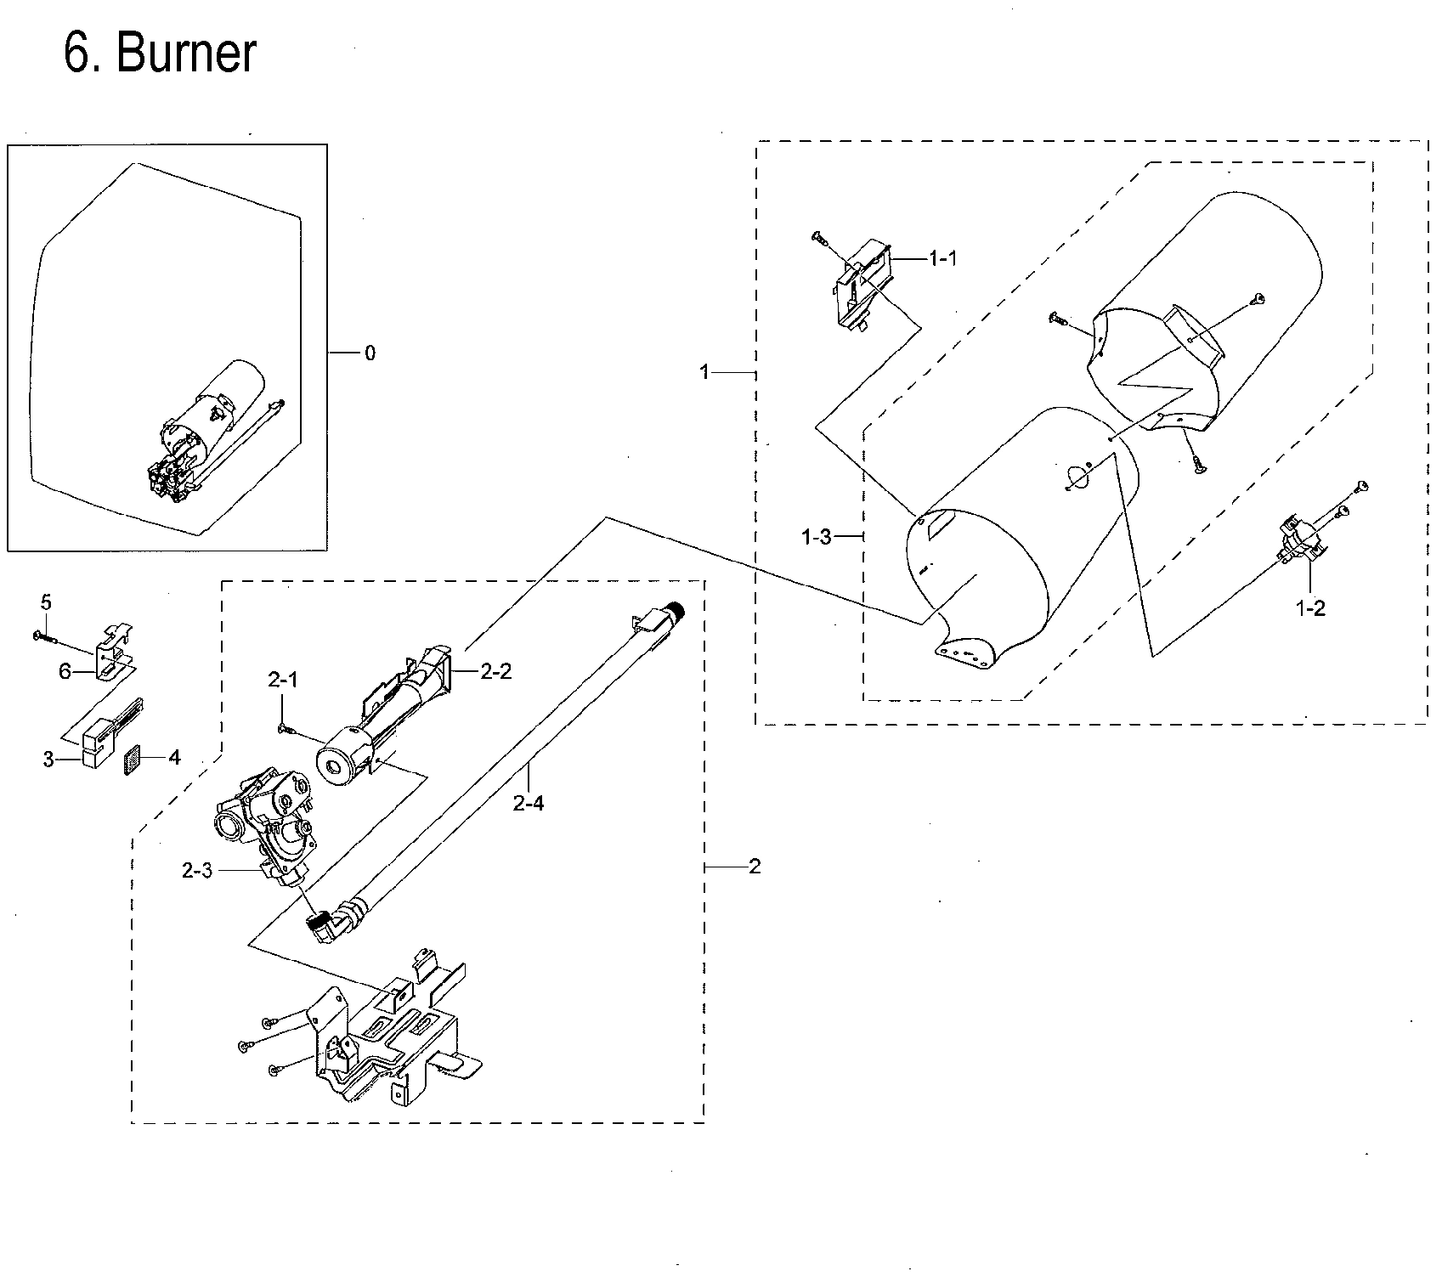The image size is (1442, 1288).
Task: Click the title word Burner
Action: pos(184,54)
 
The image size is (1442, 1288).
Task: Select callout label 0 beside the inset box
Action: pos(370,353)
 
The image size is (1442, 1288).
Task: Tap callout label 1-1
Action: pos(942,258)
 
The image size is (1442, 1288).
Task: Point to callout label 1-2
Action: pos(1309,608)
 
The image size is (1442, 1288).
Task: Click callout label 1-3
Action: pos(817,537)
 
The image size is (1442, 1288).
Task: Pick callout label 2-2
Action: pos(495,671)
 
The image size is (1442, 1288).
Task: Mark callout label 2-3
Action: pos(196,871)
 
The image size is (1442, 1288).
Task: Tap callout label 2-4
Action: pos(528,802)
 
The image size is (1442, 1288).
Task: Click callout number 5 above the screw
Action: pos(46,602)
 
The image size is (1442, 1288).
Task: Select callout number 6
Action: pos(65,671)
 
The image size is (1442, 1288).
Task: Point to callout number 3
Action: pos(48,759)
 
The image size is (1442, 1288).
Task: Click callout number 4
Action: pos(173,757)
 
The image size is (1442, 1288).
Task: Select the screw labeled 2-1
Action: pos(284,728)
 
